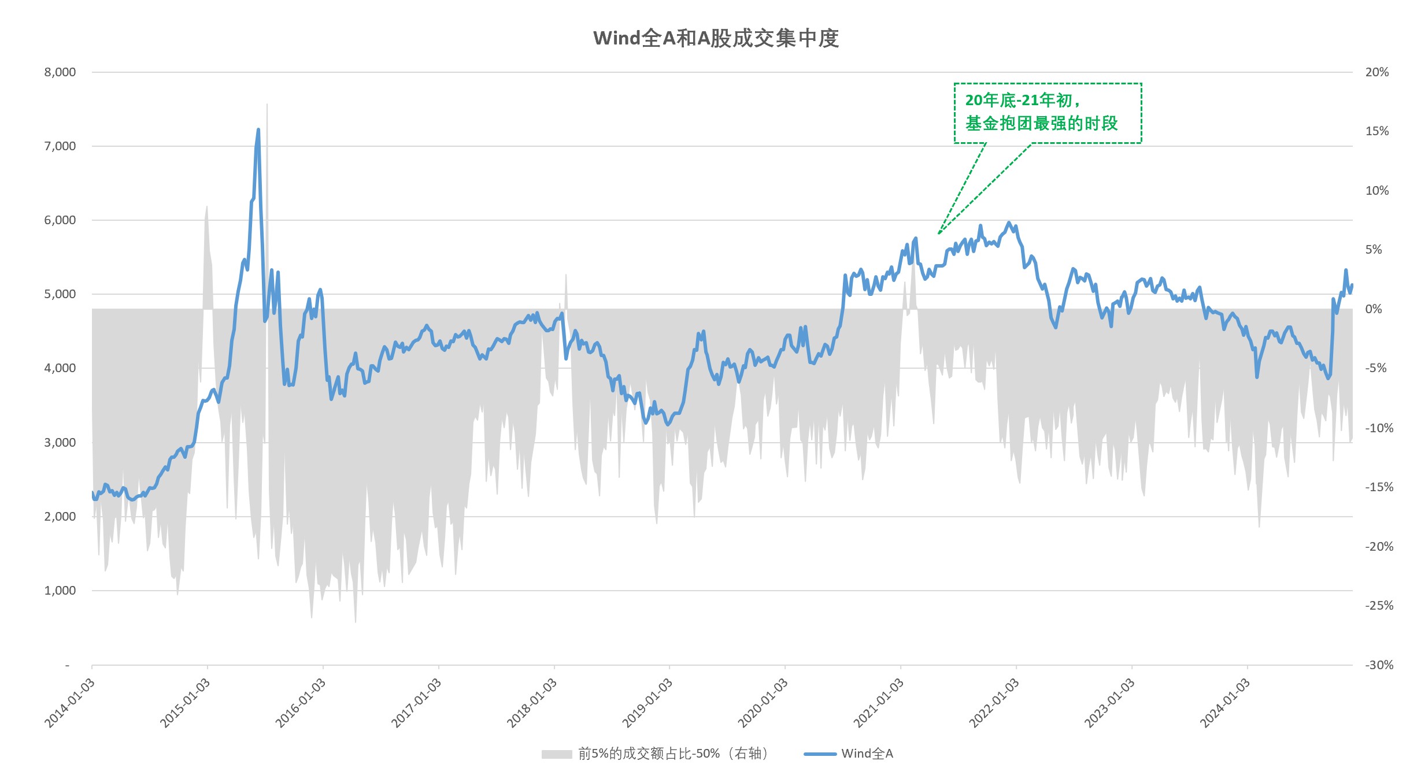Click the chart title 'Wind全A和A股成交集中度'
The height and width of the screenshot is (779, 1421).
point(716,38)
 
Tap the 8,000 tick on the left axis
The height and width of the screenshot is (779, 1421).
point(60,72)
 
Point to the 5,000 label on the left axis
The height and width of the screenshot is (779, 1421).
point(60,294)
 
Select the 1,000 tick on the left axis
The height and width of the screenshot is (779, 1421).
point(60,591)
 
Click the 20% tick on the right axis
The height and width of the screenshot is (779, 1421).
point(1376,72)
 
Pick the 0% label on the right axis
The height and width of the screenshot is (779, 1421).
point(1373,309)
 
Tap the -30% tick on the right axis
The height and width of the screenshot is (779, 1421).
point(1379,665)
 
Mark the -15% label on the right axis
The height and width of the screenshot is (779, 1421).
point(1379,487)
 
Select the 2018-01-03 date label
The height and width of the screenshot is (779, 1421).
point(532,702)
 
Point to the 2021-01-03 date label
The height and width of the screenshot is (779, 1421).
point(879,702)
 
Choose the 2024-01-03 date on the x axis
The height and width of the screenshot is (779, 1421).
point(1226,702)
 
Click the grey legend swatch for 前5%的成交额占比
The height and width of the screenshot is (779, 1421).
point(556,754)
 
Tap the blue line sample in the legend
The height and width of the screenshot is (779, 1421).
point(820,754)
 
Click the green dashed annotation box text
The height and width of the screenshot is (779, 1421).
point(1041,112)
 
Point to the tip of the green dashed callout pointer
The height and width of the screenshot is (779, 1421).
point(938,233)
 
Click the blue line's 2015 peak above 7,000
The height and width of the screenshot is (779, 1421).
point(258,130)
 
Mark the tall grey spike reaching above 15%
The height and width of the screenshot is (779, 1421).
point(267,107)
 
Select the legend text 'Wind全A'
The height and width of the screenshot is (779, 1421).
point(867,754)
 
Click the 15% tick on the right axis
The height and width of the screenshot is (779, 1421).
point(1376,131)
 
